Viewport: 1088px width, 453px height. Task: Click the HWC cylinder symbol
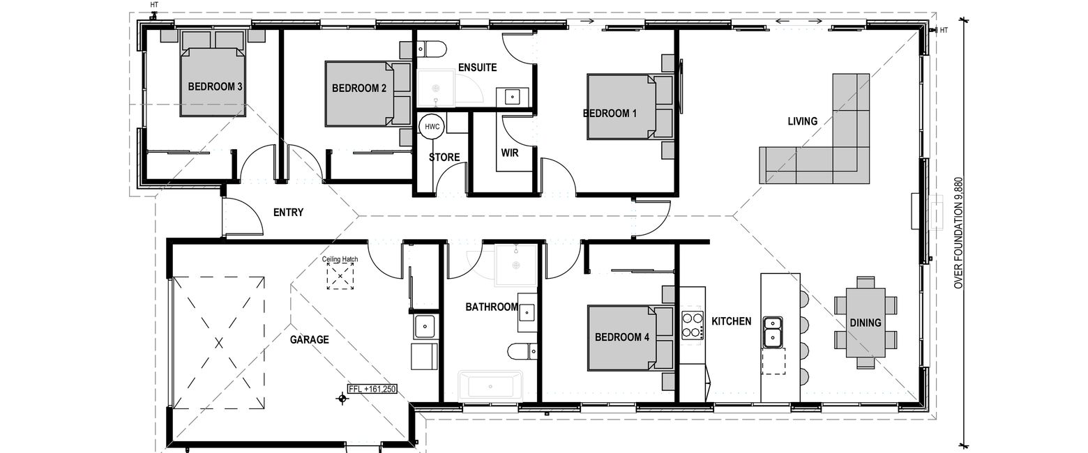[432, 127]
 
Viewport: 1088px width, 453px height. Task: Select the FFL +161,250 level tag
[372, 389]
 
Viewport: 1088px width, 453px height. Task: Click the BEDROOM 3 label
[216, 87]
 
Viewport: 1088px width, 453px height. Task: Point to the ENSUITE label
[478, 68]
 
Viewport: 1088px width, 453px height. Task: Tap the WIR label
[510, 153]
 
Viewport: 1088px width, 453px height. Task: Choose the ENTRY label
[289, 212]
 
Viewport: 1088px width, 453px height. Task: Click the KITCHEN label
[732, 321]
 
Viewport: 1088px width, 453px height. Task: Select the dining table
[866, 323]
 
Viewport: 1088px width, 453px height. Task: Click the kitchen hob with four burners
[693, 325]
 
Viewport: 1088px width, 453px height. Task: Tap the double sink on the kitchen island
[772, 332]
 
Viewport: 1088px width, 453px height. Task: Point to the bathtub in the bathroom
[490, 387]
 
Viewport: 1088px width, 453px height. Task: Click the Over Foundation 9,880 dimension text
[958, 233]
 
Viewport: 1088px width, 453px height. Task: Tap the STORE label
[444, 158]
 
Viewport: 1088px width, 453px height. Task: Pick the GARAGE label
[310, 340]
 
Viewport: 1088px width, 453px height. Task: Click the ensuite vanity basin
[513, 97]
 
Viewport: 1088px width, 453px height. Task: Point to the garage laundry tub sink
[425, 326]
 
